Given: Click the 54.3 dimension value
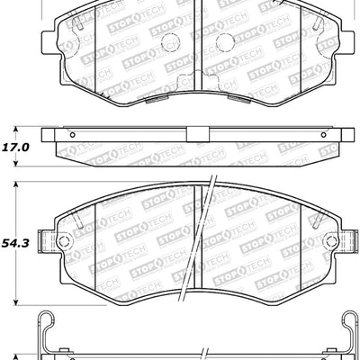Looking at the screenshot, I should pos(16,242).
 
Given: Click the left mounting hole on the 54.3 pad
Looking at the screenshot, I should pos(64,242).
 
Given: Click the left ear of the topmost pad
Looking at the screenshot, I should pos(50,40).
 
